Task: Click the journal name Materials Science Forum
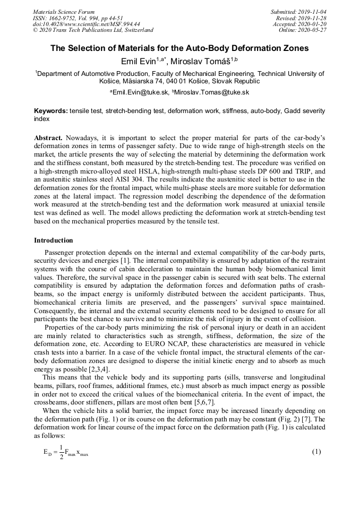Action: coord(64,11)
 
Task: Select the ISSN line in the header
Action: coord(78,18)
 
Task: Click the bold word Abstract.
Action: coord(48,138)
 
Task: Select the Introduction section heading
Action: coord(54,240)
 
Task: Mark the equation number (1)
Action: coord(316,452)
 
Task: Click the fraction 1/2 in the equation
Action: coord(62,452)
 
